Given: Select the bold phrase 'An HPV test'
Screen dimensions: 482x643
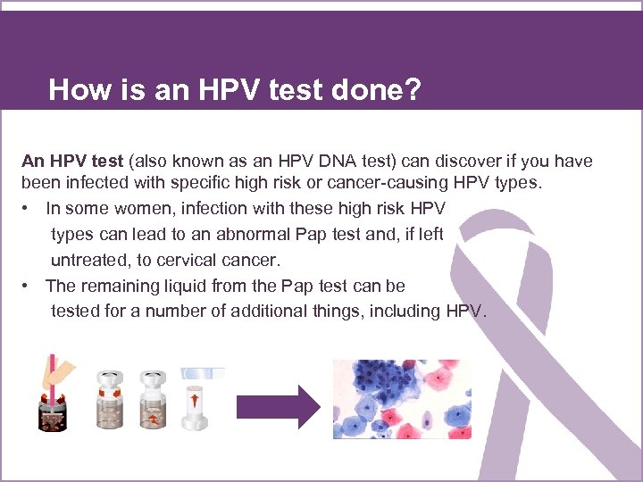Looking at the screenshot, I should pyautogui.click(x=72, y=162).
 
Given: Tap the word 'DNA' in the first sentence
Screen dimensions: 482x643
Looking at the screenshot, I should pyautogui.click(x=324, y=162).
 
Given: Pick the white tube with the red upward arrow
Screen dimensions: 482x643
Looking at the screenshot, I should pyautogui.click(x=195, y=402).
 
